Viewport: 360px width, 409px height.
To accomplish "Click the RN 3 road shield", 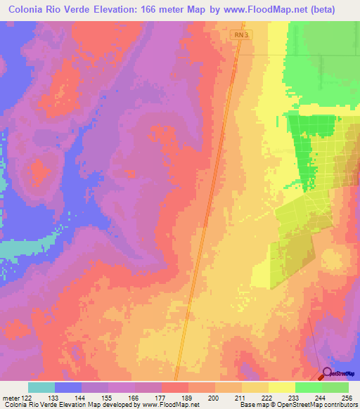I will pyautogui.click(x=240, y=34).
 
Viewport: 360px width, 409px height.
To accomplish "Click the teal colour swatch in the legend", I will pyautogui.click(x=41, y=387).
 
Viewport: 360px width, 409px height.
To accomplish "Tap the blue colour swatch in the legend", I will pyautogui.click(x=68, y=387).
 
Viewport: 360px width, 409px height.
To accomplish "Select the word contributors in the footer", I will pyautogui.click(x=339, y=404).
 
